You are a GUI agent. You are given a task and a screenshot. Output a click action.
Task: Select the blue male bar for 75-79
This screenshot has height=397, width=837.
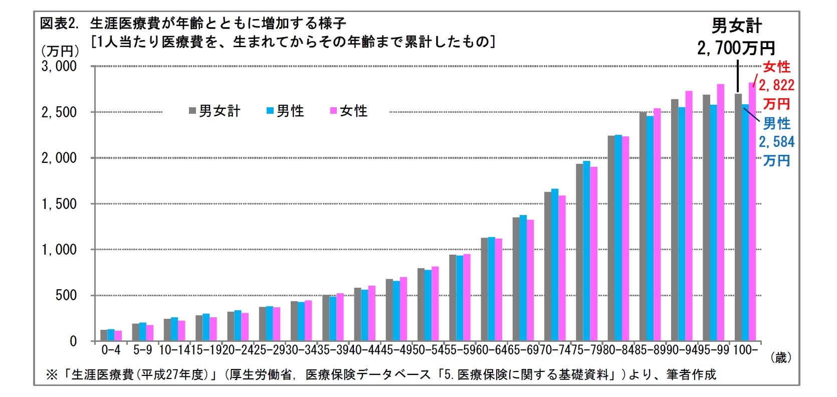pyautogui.click(x=586, y=251)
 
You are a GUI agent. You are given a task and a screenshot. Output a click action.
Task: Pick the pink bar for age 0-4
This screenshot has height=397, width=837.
pyautogui.click(x=118, y=335)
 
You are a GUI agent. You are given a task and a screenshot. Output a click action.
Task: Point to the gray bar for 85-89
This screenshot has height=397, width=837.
pyautogui.click(x=643, y=227)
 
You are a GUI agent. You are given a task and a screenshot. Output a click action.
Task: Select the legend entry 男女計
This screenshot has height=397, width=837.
pyautogui.click(x=216, y=111)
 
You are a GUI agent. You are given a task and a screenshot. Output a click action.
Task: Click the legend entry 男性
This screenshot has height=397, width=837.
pyautogui.click(x=286, y=111)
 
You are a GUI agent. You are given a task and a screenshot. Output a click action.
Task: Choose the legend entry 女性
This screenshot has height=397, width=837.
pyautogui.click(x=349, y=111)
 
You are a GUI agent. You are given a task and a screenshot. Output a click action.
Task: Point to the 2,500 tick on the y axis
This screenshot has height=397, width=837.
pyautogui.click(x=59, y=112)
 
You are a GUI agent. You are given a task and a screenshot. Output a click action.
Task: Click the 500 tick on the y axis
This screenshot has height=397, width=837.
pyautogui.click(x=66, y=295)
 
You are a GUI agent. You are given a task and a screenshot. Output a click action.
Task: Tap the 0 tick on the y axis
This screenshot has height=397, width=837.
pyautogui.click(x=73, y=341)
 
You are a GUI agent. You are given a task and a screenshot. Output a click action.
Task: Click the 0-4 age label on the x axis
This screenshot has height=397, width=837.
pyautogui.click(x=111, y=350)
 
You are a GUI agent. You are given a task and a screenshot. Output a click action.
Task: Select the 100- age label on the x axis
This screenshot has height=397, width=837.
pyautogui.click(x=745, y=350)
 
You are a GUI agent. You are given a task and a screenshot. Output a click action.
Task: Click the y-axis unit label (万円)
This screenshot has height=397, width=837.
pyautogui.click(x=60, y=51)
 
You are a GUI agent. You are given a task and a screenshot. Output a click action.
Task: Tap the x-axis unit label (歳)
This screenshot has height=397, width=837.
pyautogui.click(x=781, y=357)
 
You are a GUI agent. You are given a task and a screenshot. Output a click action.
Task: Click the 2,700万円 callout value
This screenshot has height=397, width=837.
pyautogui.click(x=736, y=48)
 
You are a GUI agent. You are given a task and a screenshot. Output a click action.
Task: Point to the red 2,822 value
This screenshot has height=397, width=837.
pyautogui.click(x=776, y=85)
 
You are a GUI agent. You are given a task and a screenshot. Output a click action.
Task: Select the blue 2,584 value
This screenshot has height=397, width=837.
pyautogui.click(x=776, y=142)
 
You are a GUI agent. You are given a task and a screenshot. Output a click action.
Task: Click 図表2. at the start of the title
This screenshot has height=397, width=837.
pyautogui.click(x=59, y=24)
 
